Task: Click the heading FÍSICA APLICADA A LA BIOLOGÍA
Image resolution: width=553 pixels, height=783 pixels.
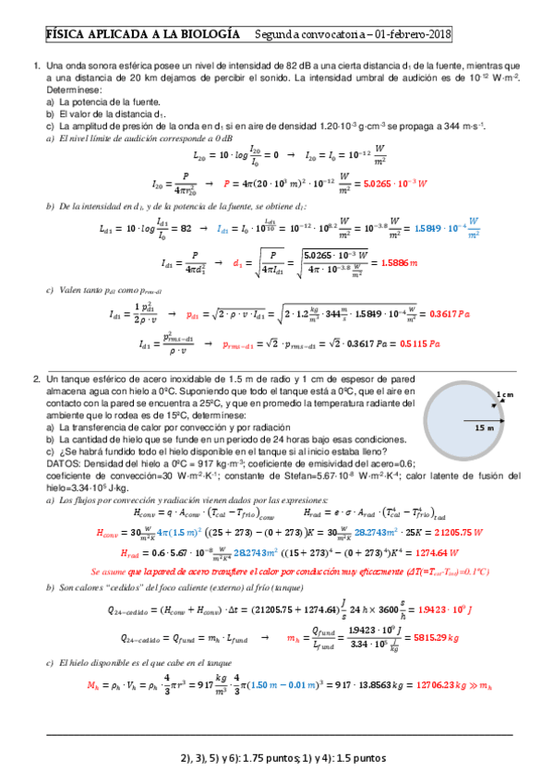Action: pos(137,34)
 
